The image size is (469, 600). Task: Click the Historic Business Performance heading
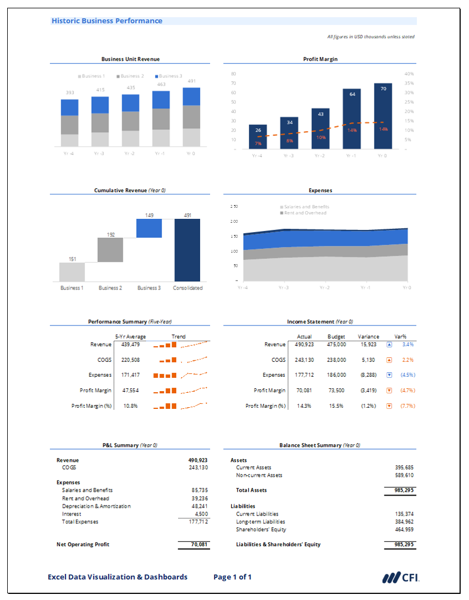point(107,21)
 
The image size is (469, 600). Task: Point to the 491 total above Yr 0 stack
point(192,81)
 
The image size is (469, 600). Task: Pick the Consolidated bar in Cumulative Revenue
point(187,250)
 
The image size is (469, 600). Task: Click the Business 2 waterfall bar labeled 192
point(110,249)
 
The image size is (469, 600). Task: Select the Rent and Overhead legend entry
point(305,213)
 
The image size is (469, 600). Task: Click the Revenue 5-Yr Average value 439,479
point(131,344)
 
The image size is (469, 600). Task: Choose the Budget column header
point(336,337)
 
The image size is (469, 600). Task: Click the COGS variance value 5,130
point(368,360)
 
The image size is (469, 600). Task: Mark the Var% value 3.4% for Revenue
point(408,344)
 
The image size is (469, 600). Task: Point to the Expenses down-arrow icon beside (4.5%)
point(389,375)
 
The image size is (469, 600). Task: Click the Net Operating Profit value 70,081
point(198,544)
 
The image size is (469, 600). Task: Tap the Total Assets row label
point(251,490)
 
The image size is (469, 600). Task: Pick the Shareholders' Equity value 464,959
point(404,529)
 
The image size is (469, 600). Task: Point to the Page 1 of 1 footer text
point(232,577)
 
